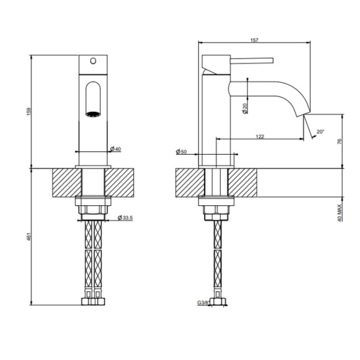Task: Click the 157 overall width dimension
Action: tap(254, 40)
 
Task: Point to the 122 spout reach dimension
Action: tap(260, 137)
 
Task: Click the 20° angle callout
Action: tap(320, 131)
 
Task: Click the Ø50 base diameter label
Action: tap(181, 152)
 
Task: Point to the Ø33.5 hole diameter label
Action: tap(125, 217)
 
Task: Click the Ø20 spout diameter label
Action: tap(246, 109)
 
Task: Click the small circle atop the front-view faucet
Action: tap(93, 60)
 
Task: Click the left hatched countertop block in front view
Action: tap(67, 182)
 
